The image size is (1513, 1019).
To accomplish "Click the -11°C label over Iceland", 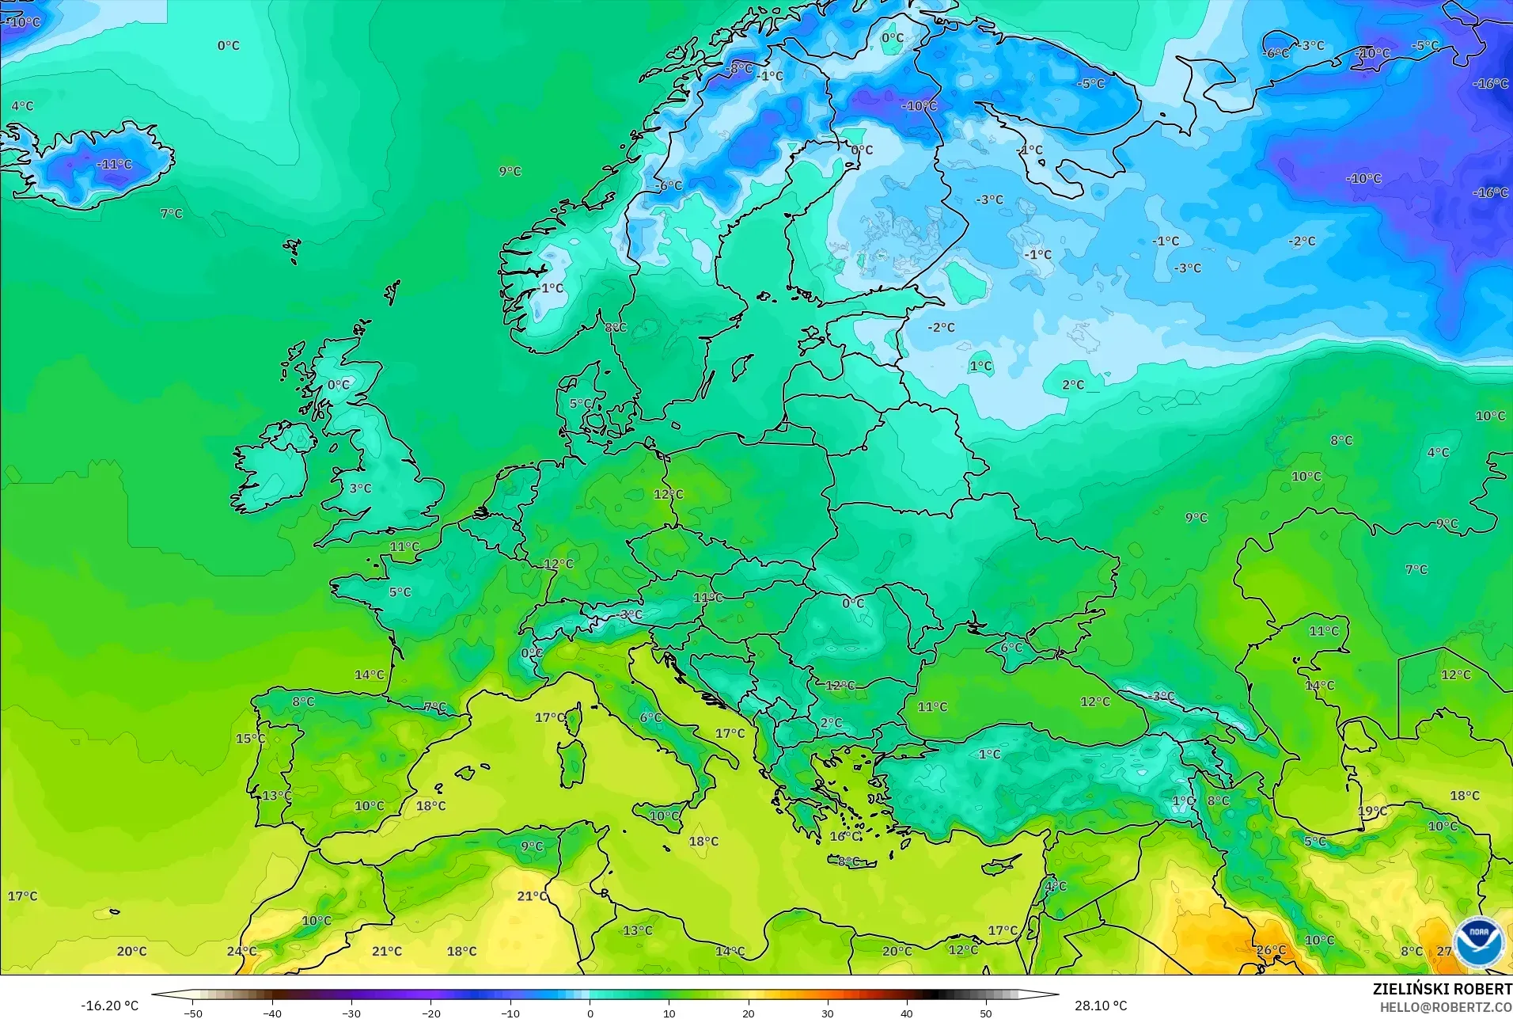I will pyautogui.click(x=115, y=165).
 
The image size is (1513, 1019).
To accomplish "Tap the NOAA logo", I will pyautogui.click(x=1479, y=941).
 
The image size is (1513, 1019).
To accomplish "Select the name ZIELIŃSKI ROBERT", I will pyautogui.click(x=1442, y=989).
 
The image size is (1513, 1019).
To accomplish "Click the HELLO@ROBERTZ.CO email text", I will pyautogui.click(x=1446, y=1008).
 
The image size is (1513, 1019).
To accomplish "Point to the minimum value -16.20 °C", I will pyautogui.click(x=109, y=1006).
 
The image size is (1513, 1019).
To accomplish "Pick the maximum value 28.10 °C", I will pyautogui.click(x=1100, y=1006).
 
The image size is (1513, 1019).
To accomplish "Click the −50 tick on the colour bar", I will pyautogui.click(x=193, y=1013).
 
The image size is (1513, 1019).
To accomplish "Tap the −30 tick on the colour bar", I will pyautogui.click(x=351, y=1013).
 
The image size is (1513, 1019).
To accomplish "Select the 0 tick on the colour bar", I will pyautogui.click(x=590, y=1013).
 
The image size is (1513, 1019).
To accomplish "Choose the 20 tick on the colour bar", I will pyautogui.click(x=748, y=1013).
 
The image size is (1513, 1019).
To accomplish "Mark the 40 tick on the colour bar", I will pyautogui.click(x=907, y=1013).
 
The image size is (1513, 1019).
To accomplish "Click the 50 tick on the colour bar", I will pyautogui.click(x=986, y=1013).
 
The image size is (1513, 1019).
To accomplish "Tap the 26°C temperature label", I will pyautogui.click(x=1271, y=950).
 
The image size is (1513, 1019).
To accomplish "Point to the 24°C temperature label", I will pyautogui.click(x=241, y=951).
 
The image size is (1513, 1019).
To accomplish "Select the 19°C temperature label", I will pyautogui.click(x=1372, y=812).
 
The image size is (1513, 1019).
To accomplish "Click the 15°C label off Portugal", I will pyautogui.click(x=250, y=739).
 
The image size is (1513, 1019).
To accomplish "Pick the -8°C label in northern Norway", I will pyautogui.click(x=739, y=69).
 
